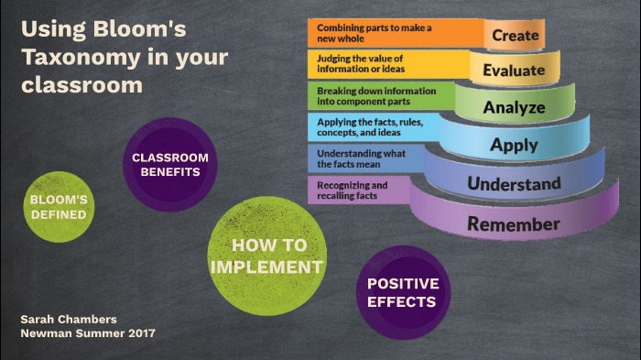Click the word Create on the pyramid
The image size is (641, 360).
point(515,35)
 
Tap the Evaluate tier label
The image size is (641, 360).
point(514,69)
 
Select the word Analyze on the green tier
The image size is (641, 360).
point(514,106)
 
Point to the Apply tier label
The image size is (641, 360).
point(514,144)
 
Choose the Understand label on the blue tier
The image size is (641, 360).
point(514,184)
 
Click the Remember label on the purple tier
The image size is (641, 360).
point(514,224)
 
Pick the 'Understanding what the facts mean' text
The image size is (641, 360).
point(361,158)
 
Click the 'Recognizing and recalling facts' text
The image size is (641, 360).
point(353,190)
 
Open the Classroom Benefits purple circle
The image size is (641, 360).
point(170,164)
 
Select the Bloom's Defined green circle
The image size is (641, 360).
point(59,207)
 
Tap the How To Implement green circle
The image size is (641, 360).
point(266,256)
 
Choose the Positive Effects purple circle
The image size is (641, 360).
point(403,292)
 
